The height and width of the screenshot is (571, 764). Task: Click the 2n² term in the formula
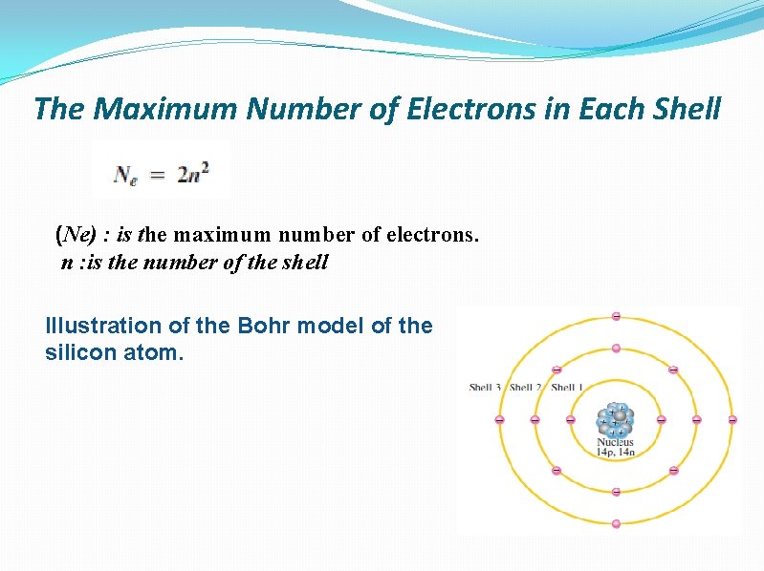point(192,174)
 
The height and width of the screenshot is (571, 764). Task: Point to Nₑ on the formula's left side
point(125,175)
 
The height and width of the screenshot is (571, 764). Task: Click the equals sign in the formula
point(157,175)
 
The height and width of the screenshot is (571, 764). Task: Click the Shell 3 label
point(487,388)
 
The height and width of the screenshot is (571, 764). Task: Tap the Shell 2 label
point(527,388)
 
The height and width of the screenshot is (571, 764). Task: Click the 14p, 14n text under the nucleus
point(617,453)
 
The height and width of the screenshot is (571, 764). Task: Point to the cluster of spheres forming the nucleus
point(616,419)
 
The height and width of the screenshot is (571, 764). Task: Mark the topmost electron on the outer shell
point(616,316)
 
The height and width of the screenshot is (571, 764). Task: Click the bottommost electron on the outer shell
point(616,523)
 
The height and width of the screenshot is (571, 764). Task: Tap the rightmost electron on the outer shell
point(732,419)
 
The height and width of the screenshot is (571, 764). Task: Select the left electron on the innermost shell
point(571,419)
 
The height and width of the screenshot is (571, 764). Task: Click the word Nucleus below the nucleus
point(616,442)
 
